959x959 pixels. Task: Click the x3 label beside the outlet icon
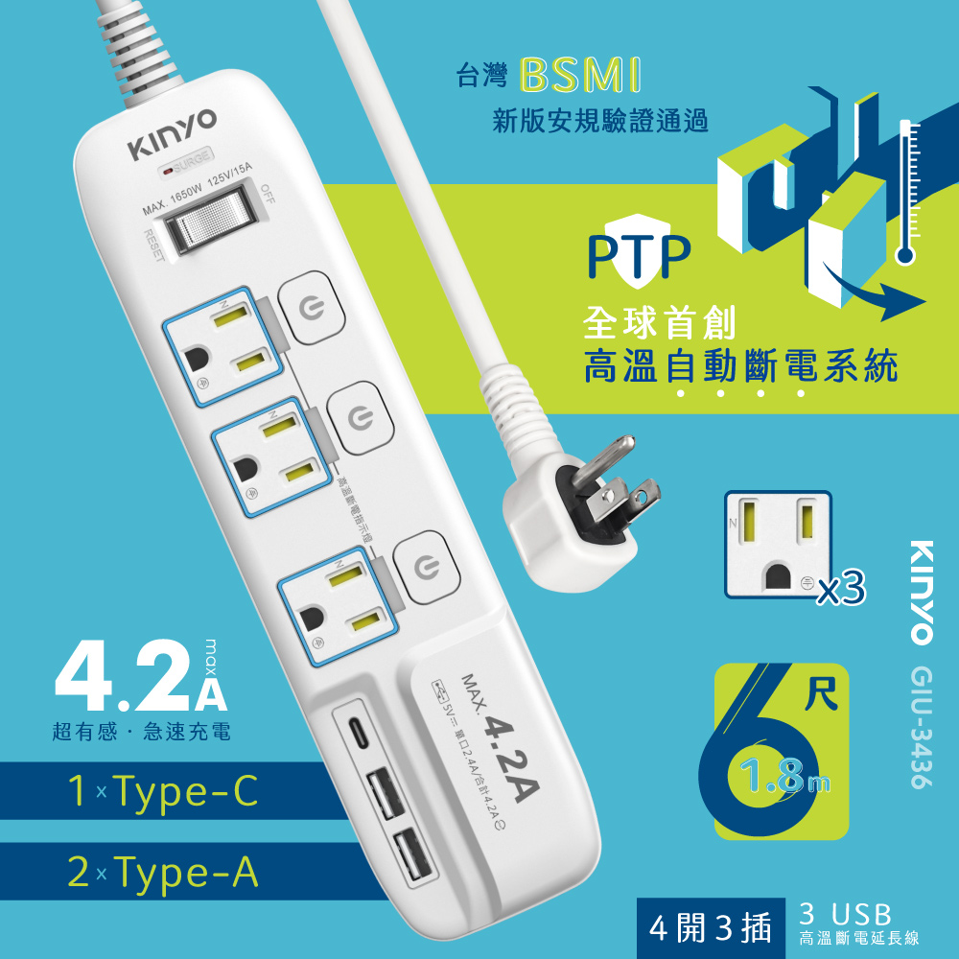840,585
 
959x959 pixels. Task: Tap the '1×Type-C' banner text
163,792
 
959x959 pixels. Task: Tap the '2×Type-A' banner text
163,873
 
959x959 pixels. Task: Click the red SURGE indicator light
169,174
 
